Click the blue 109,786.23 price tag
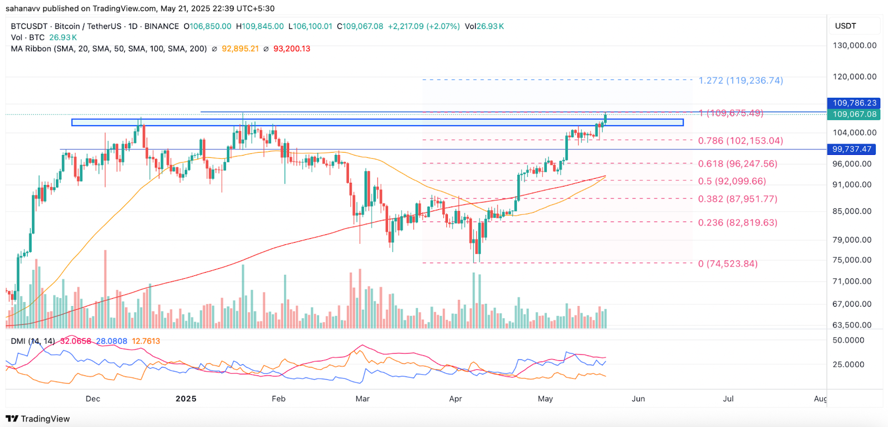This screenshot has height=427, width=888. click(x=854, y=103)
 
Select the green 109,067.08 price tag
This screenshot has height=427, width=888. click(x=854, y=114)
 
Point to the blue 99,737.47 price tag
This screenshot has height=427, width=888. click(x=852, y=149)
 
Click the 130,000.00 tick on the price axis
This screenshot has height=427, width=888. click(x=854, y=46)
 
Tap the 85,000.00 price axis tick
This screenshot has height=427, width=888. click(x=851, y=212)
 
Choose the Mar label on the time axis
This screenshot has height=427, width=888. click(x=362, y=399)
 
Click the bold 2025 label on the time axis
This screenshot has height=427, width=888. click(x=186, y=399)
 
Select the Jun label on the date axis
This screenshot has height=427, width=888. click(x=638, y=399)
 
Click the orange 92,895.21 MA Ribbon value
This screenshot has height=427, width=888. click(x=240, y=49)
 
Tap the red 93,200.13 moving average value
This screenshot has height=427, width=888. click(x=291, y=49)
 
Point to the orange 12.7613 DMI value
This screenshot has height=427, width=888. click(x=145, y=341)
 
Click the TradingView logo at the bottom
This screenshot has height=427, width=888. click(x=38, y=419)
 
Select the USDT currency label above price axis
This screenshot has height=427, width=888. click(x=845, y=26)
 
